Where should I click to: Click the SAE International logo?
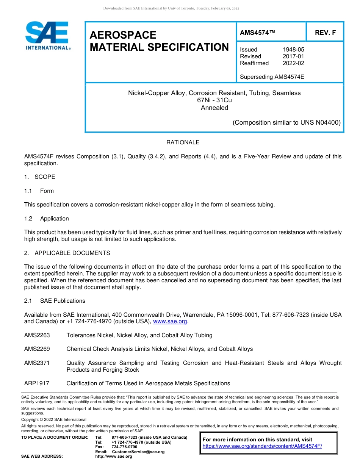coord(47,36)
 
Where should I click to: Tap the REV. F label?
coord(325,33)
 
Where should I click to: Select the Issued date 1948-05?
coord(293,50)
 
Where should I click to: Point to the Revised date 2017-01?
coord(293,56)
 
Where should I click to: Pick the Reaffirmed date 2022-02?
coord(293,63)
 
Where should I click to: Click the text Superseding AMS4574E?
coord(272,77)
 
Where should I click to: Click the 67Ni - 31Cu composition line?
coord(214,100)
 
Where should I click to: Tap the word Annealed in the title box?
coord(214,108)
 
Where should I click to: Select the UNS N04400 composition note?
coord(286,123)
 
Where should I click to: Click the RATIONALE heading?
coord(183,142)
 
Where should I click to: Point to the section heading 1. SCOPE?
coord(40,177)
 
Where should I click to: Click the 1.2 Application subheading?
coord(47,219)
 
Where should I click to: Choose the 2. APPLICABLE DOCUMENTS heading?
coord(67,253)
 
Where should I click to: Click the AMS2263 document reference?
coord(37,335)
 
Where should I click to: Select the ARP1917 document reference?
coord(36,383)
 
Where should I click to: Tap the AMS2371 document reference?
coord(37,363)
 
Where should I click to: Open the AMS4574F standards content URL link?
coord(262,446)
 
